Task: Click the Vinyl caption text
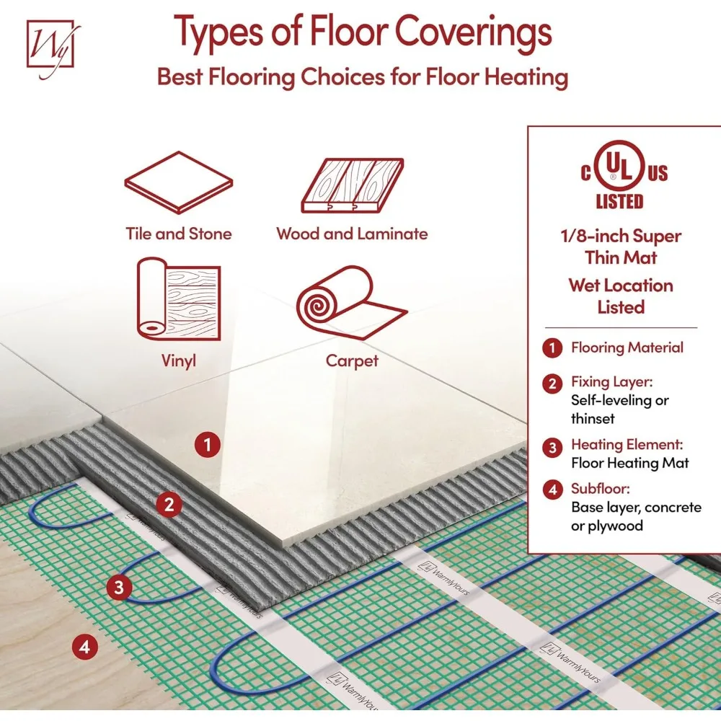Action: pos(179,360)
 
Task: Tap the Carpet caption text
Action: pos(352,360)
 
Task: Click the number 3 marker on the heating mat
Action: pos(120,586)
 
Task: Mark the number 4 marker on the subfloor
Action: pos(85,647)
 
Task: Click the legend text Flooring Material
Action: pos(627,348)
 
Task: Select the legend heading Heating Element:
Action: pos(627,445)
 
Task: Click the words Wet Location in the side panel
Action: pos(620,286)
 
